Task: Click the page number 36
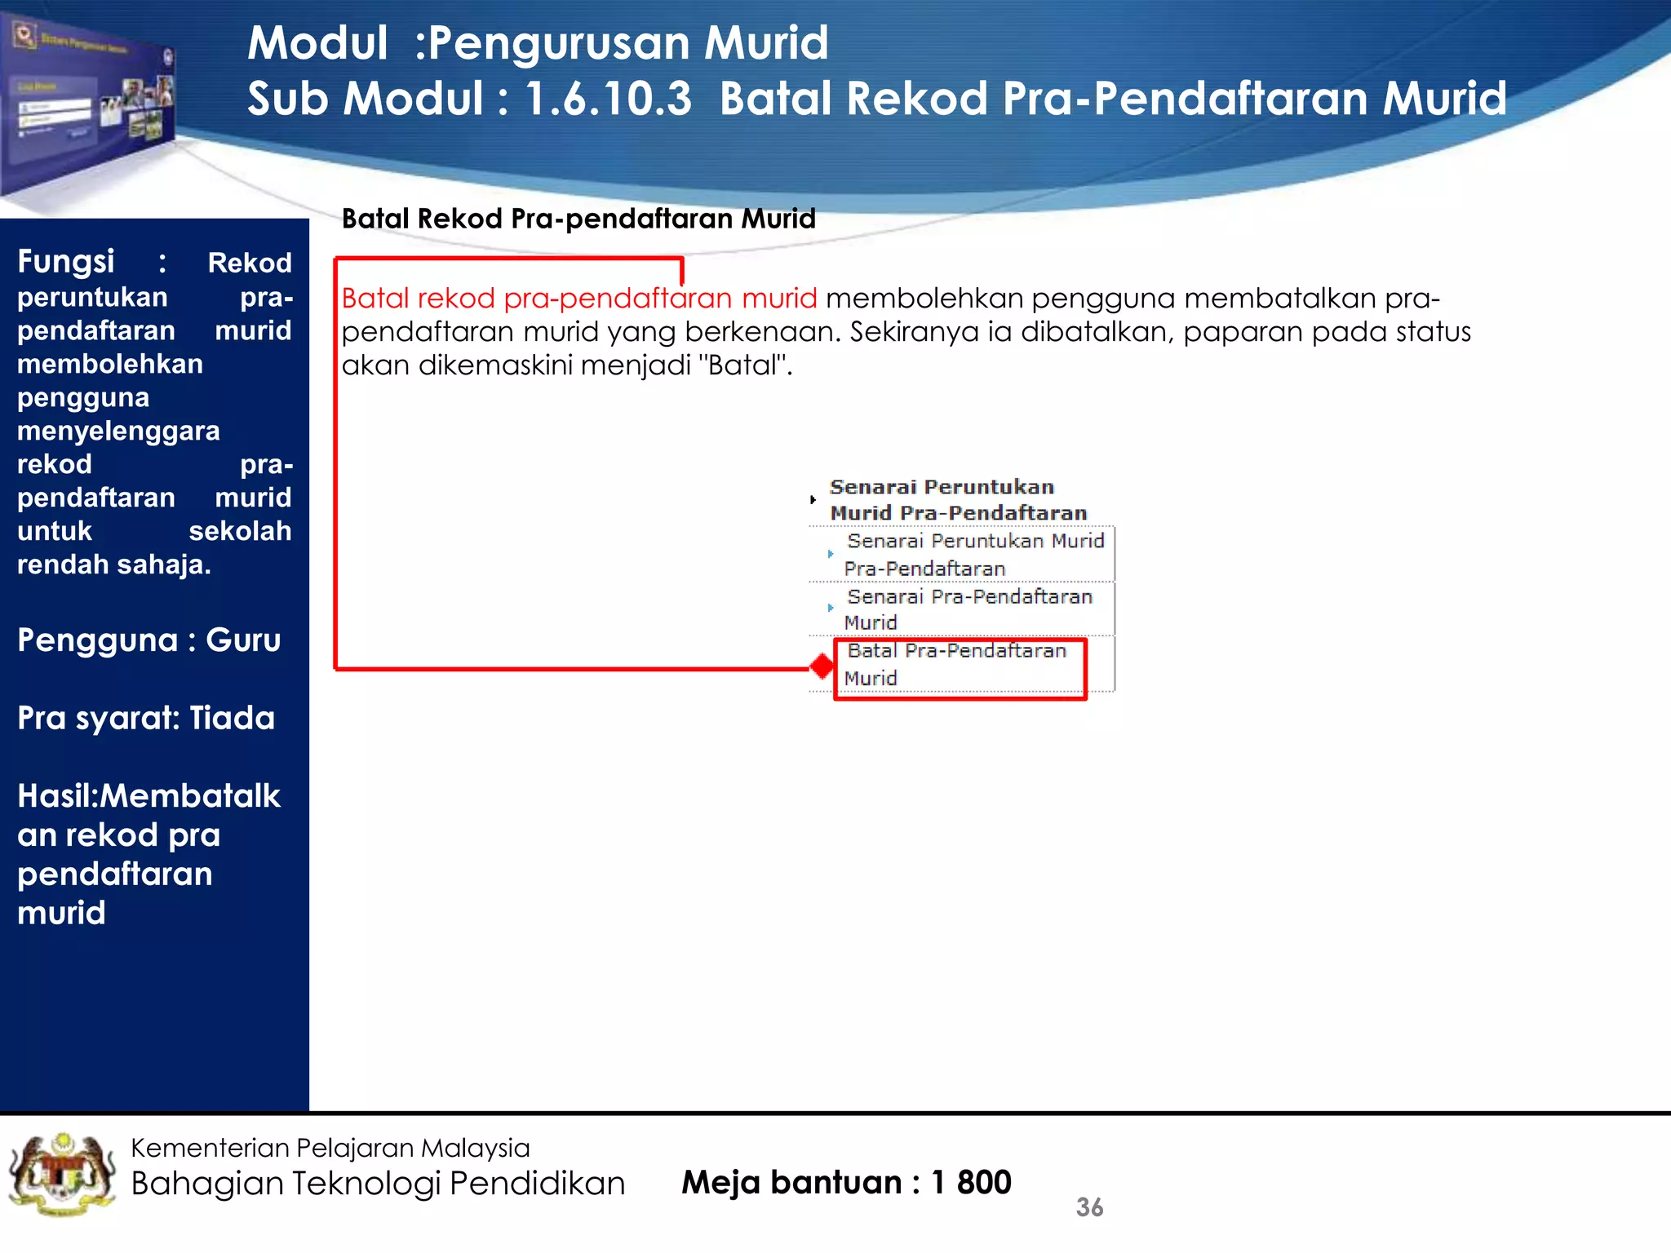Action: click(1089, 1207)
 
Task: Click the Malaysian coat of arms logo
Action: click(61, 1175)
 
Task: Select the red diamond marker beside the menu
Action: click(822, 666)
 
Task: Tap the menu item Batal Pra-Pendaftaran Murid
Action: click(956, 664)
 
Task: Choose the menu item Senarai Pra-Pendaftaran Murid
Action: click(968, 609)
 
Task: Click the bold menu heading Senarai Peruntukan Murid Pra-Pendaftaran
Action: click(958, 500)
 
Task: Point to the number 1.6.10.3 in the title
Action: click(608, 99)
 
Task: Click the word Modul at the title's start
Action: click(317, 43)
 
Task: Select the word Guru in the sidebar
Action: click(243, 640)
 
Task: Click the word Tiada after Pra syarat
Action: click(232, 718)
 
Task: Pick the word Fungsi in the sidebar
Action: click(66, 262)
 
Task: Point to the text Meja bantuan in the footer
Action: click(791, 1182)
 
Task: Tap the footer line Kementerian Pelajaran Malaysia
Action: click(330, 1148)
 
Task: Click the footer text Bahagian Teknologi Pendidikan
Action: click(378, 1183)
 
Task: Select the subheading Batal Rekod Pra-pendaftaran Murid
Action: click(578, 219)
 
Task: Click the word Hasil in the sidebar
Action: click(55, 795)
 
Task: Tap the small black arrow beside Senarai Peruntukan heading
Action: click(813, 499)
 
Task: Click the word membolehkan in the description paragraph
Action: click(924, 299)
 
